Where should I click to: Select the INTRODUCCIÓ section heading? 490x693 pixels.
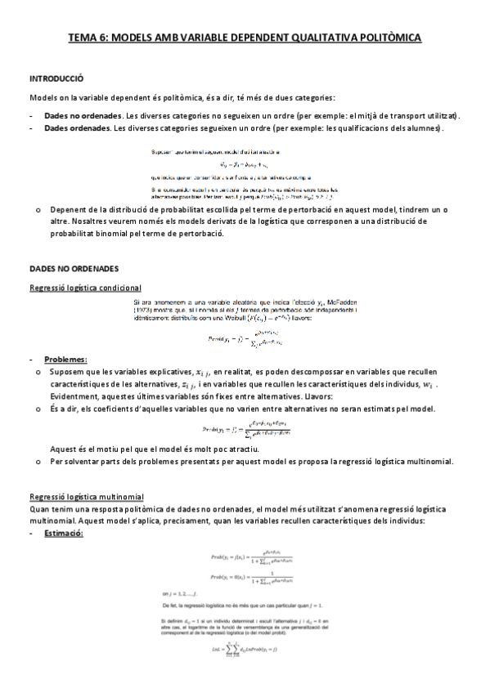pyautogui.click(x=56, y=78)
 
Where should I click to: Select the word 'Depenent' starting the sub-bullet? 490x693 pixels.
pyautogui.click(x=67, y=210)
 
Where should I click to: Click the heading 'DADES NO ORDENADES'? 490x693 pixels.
pyautogui.click(x=74, y=267)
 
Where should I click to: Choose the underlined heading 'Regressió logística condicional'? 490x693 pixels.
pyautogui.click(x=85, y=287)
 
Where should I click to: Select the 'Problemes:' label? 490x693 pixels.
pyautogui.click(x=66, y=360)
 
